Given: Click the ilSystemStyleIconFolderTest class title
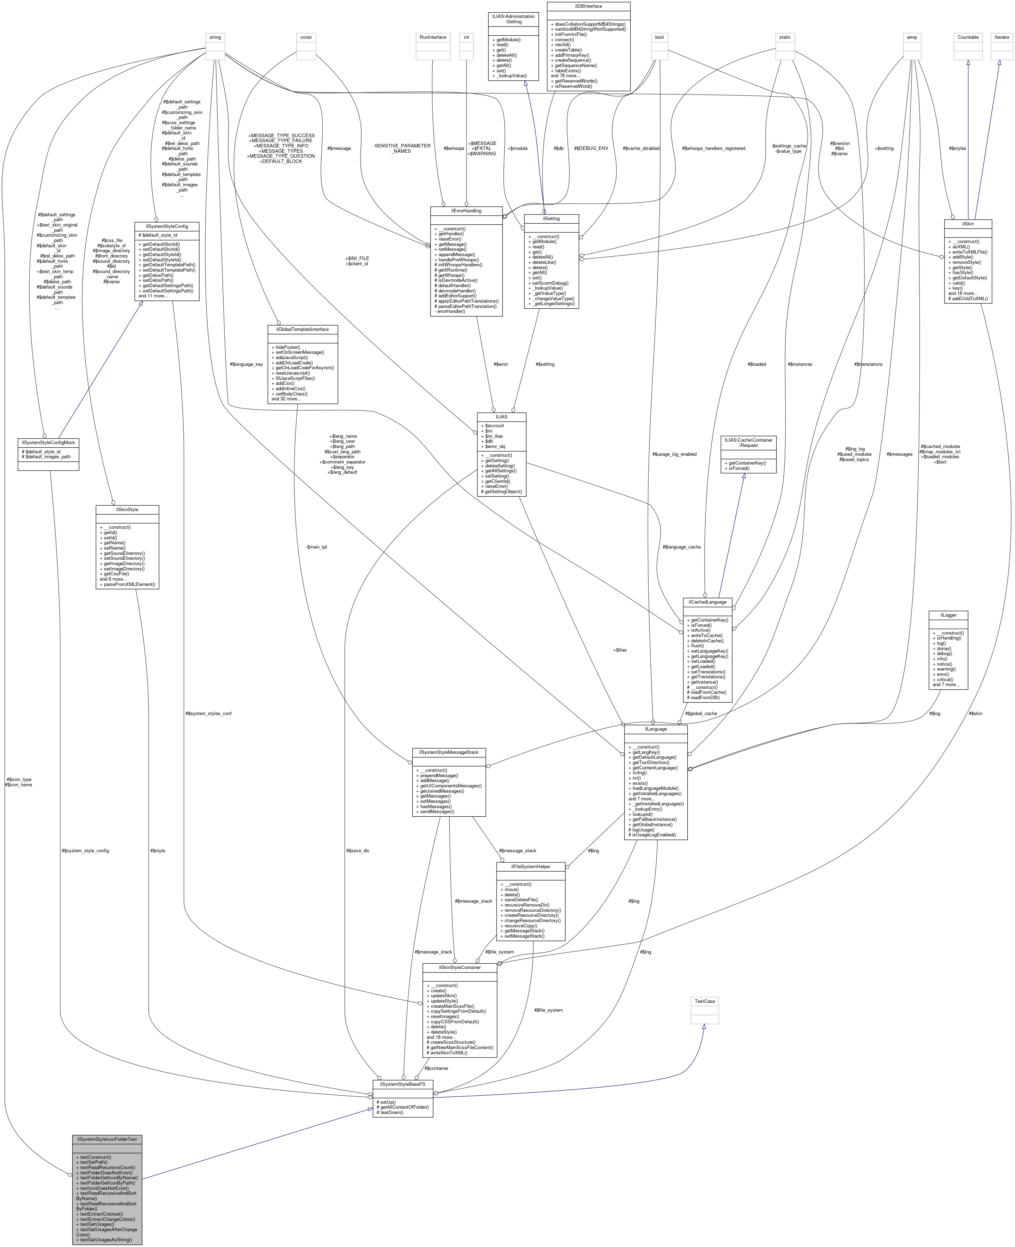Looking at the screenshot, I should click(107, 1139).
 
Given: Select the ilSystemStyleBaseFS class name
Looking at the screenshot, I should click(402, 1084).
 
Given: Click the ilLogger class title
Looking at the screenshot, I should click(948, 615).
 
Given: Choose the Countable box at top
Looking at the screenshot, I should click(968, 37).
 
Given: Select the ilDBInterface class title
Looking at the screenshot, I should click(588, 6).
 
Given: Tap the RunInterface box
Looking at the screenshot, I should click(433, 37).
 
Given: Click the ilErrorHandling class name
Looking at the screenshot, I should click(466, 211).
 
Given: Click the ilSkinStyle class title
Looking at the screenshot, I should click(127, 509).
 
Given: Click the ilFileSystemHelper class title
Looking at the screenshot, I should click(530, 867).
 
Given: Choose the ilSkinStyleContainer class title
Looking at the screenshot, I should click(460, 967).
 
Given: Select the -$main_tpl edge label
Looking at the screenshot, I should click(316, 547).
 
